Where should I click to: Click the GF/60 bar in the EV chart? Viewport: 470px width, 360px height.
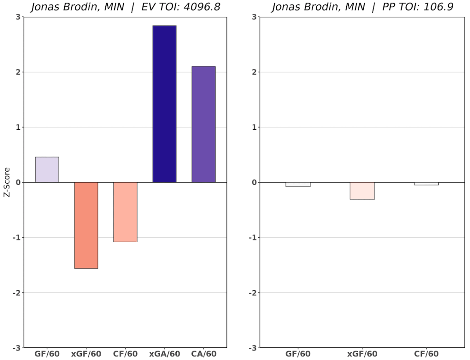(x=47, y=170)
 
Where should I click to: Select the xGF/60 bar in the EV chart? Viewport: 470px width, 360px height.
(x=86, y=225)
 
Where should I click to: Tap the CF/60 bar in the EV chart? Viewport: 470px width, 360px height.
(x=125, y=212)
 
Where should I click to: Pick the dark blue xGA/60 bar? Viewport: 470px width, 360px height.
(x=164, y=104)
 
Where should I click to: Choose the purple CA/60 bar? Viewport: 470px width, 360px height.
(x=204, y=124)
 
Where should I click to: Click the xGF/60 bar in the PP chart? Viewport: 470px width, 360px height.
(x=362, y=191)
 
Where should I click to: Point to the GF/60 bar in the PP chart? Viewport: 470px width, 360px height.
(x=298, y=185)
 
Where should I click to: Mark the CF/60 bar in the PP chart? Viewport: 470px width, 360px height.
(x=426, y=184)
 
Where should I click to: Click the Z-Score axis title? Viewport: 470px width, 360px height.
(x=6, y=183)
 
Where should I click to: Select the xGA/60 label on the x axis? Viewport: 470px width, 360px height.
(x=164, y=354)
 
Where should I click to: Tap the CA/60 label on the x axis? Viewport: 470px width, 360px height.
(x=204, y=354)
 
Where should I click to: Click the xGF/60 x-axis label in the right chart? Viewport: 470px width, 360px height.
(x=362, y=354)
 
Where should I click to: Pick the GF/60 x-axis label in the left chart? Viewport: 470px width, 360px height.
(x=47, y=354)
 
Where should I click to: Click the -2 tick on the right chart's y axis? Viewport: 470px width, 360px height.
(x=243, y=293)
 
